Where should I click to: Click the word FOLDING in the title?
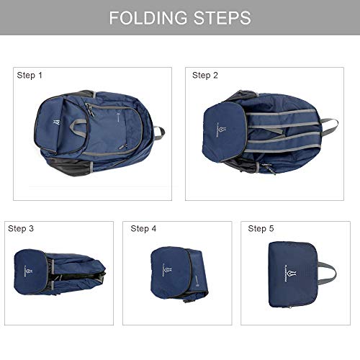[148, 18]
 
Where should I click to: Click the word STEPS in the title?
[219, 18]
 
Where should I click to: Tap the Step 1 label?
[30, 75]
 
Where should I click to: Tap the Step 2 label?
[206, 75]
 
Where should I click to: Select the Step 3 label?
[21, 228]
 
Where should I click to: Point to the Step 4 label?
[143, 228]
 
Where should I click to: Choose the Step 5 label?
[261, 228]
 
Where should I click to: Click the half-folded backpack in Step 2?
[259, 133]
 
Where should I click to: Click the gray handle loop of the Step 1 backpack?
[158, 132]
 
